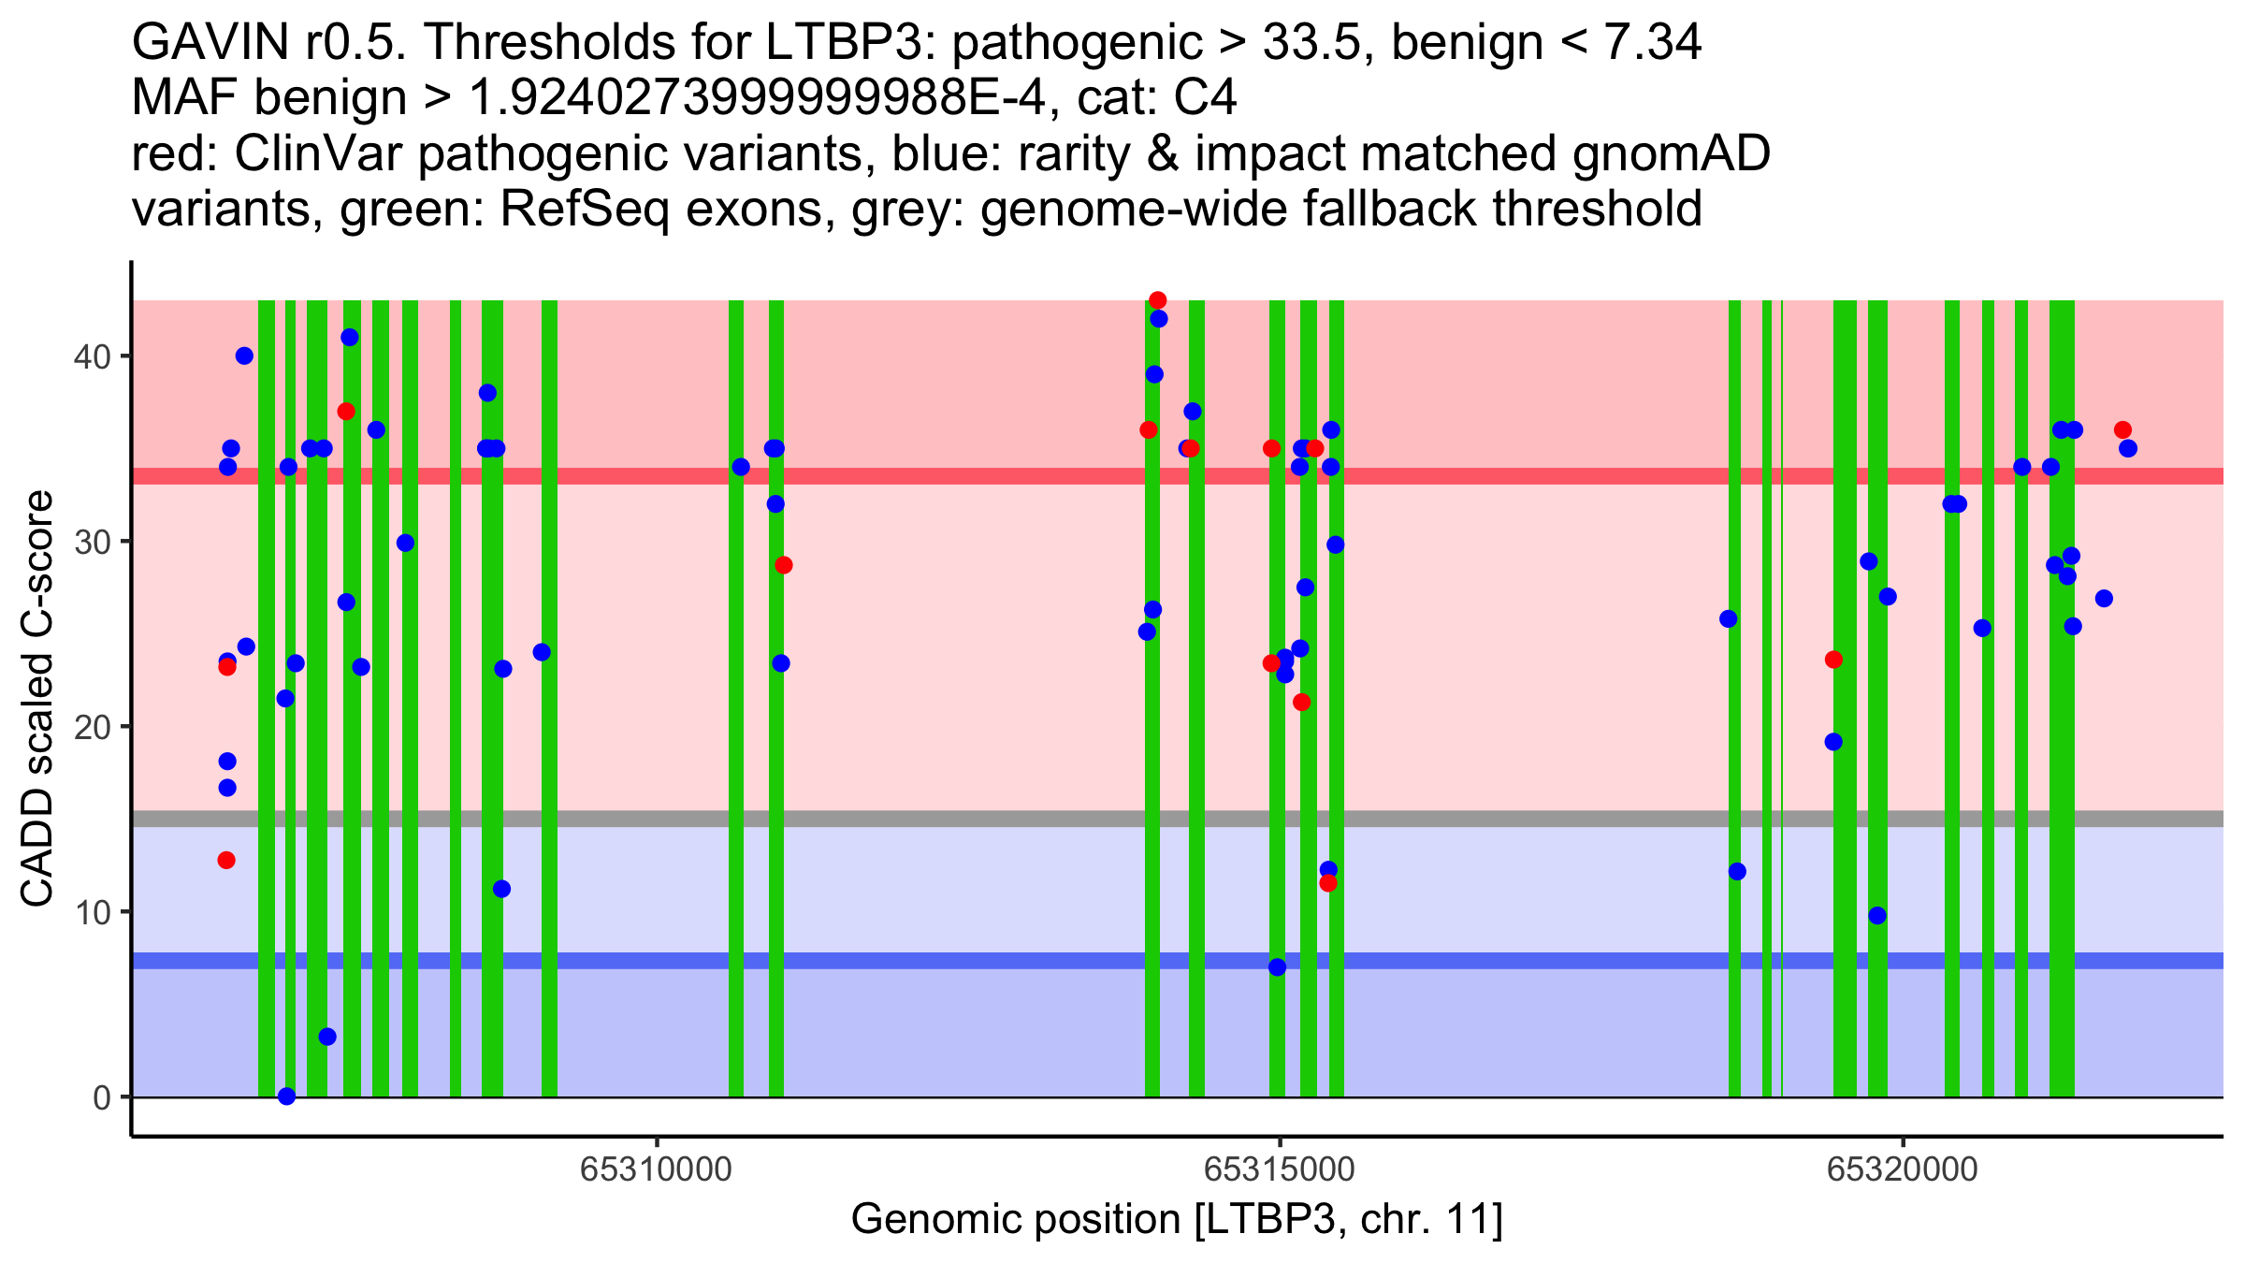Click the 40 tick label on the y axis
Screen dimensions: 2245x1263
[x=92, y=356]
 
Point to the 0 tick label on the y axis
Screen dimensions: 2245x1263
[x=102, y=1097]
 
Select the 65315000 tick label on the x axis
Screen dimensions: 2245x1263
[x=1279, y=1169]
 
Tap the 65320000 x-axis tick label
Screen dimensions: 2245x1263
[x=1903, y=1169]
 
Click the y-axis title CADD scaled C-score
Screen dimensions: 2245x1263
[x=37, y=699]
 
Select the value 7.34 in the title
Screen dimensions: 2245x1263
[x=1652, y=42]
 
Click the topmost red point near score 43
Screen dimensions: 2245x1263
[x=1158, y=300]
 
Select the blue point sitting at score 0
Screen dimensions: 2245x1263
[x=287, y=1096]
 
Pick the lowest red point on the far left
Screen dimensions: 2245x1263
[x=226, y=860]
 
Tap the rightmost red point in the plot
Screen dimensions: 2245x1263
[x=2122, y=430]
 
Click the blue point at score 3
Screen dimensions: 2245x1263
[x=327, y=1037]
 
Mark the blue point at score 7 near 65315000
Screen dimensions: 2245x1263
[x=1277, y=967]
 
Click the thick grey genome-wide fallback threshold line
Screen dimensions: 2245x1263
[x=1178, y=819]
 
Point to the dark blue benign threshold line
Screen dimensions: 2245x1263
[x=1178, y=961]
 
